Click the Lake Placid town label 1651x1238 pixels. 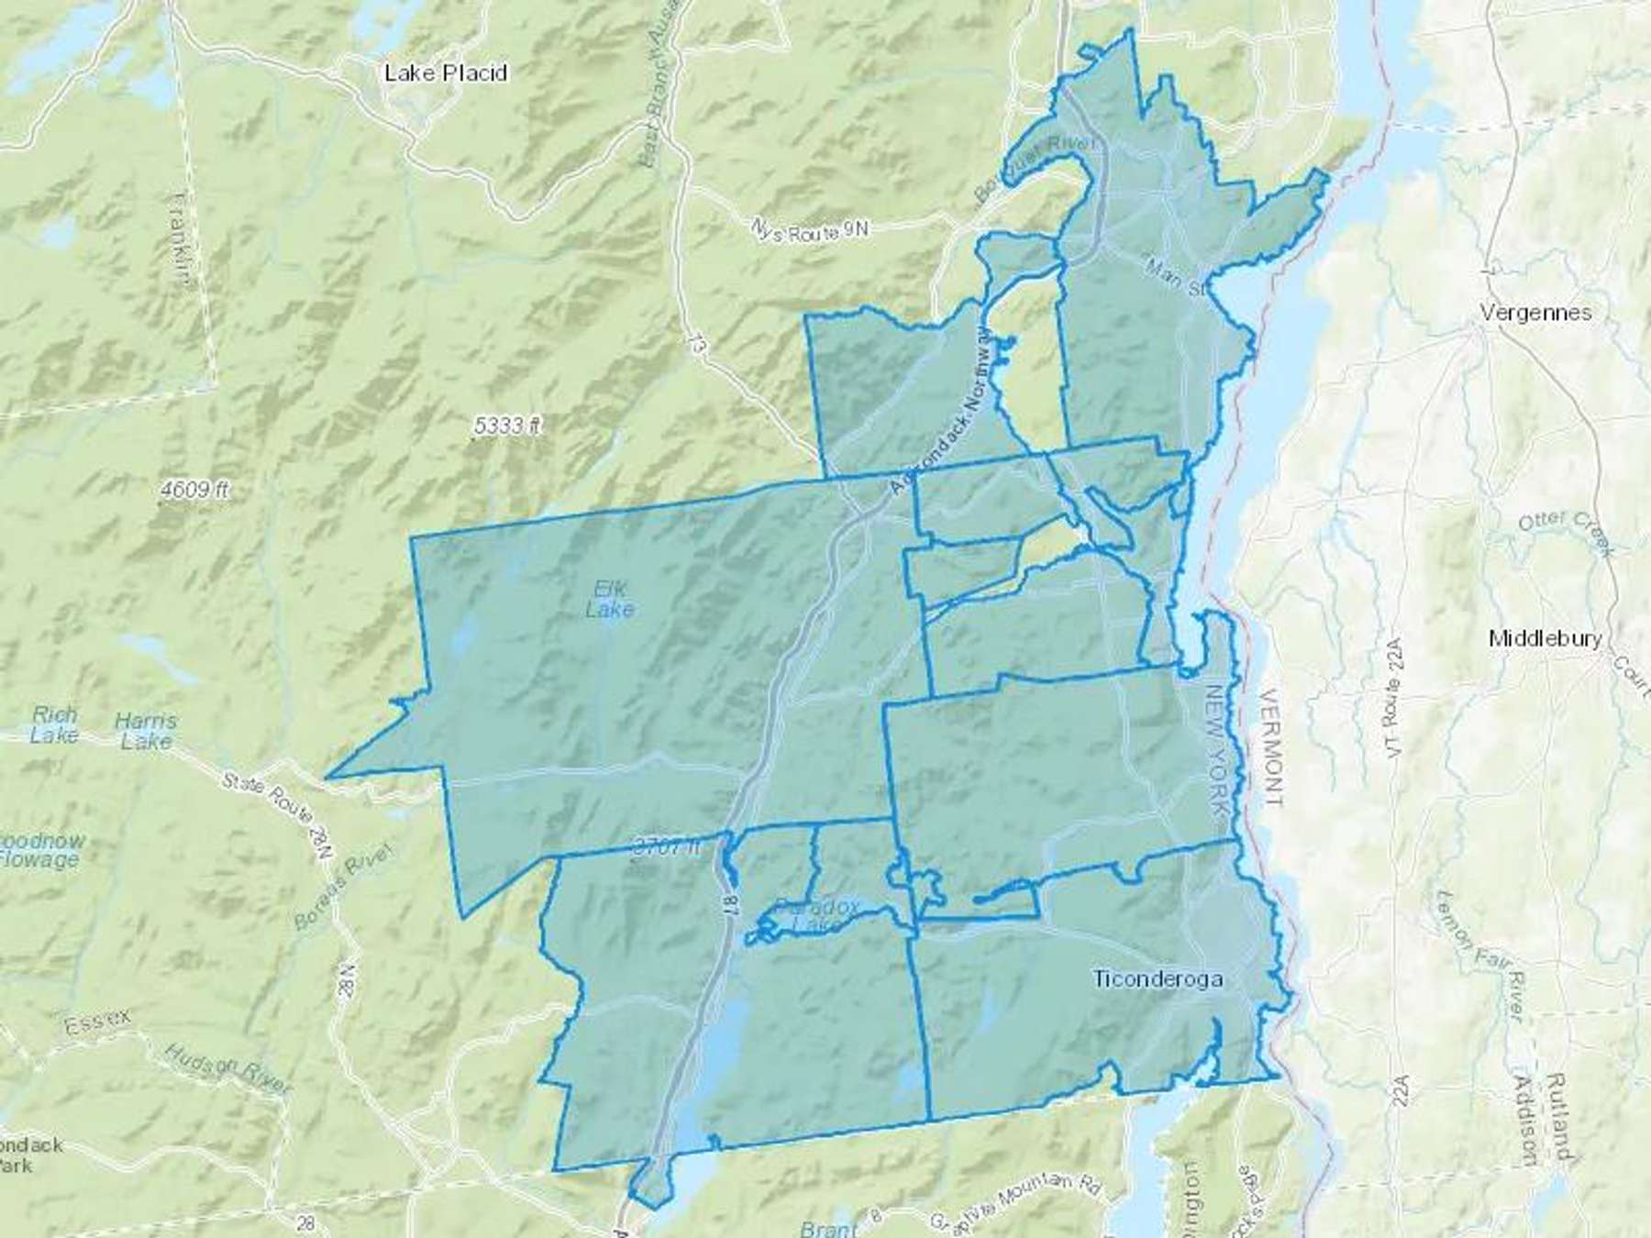pos(446,73)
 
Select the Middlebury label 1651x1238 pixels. pos(1546,638)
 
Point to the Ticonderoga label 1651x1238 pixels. pos(1158,978)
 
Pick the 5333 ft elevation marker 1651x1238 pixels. pos(508,426)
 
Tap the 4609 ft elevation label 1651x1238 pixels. pos(194,491)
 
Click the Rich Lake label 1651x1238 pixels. pos(54,724)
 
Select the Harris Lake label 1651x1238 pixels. pos(146,731)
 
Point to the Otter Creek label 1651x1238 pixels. pos(1565,532)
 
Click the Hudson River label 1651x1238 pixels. pos(229,1067)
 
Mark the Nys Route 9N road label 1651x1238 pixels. pos(809,229)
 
